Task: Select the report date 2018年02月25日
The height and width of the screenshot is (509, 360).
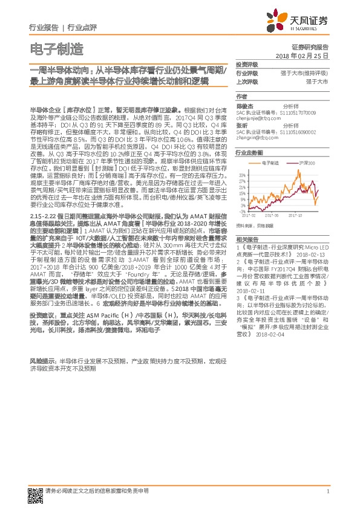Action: [310, 55]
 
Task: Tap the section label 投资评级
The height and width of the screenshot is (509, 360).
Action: [247, 63]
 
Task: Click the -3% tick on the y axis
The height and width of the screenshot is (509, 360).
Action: [242, 212]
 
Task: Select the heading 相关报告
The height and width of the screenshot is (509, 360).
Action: [247, 239]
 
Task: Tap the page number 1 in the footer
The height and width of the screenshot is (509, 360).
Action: [327, 492]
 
